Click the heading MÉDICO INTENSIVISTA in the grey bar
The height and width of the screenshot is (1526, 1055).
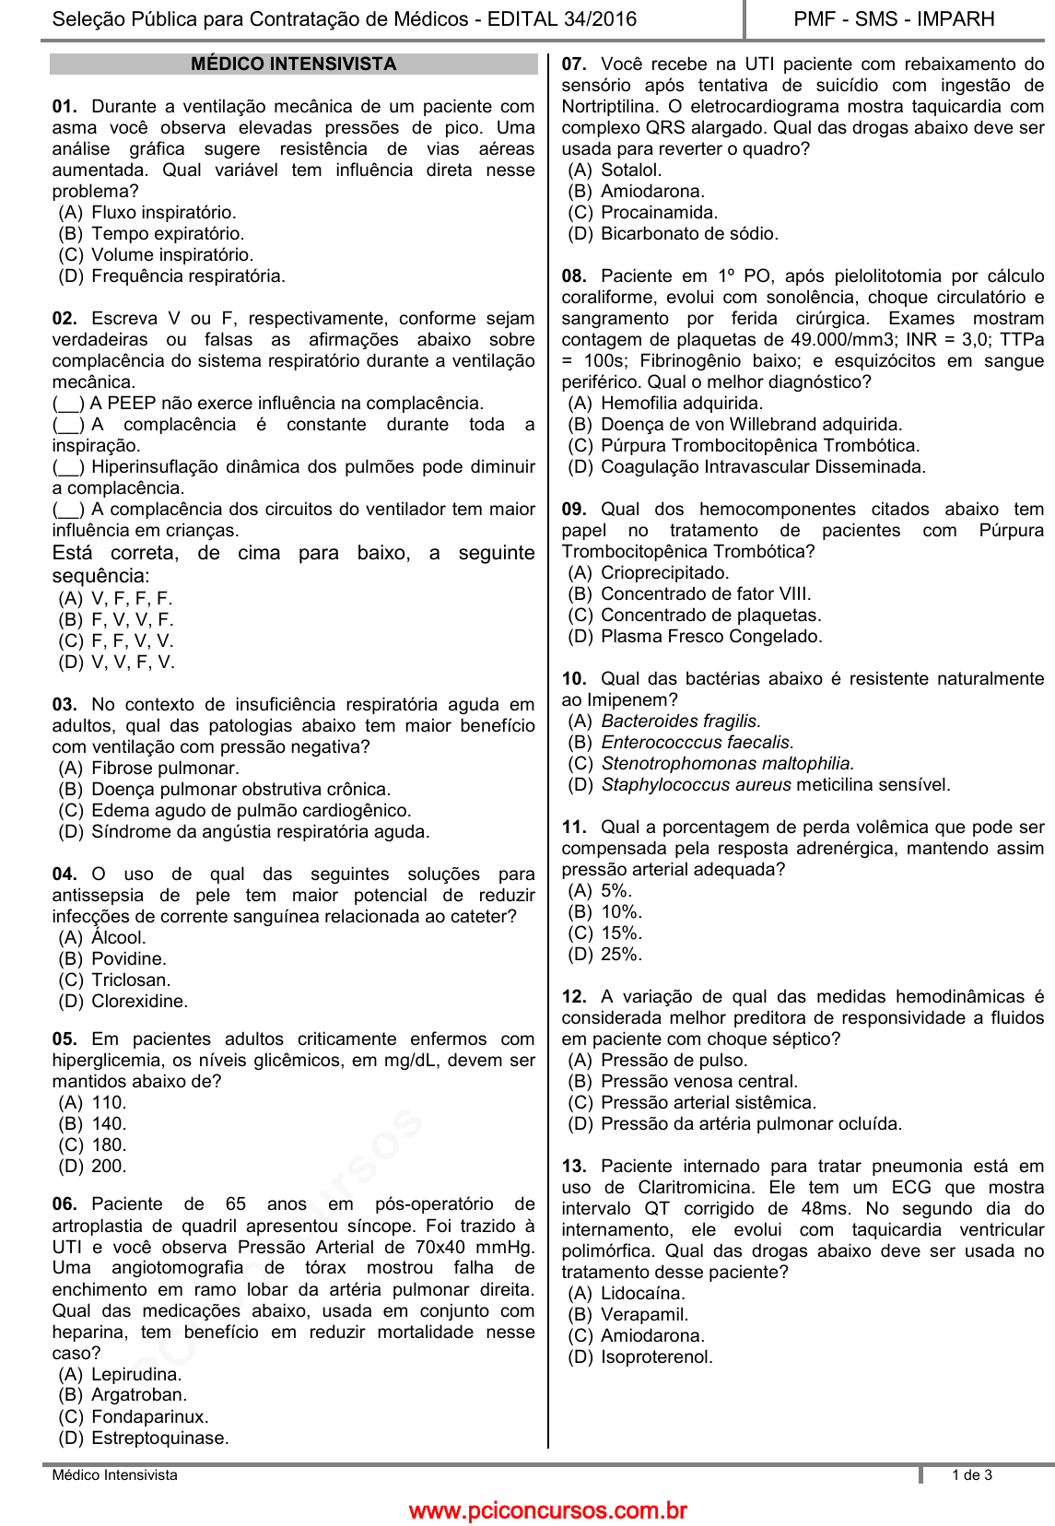click(x=293, y=65)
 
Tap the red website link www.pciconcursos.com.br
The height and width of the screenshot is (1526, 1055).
click(x=547, y=1510)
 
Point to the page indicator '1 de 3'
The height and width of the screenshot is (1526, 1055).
click(x=972, y=1475)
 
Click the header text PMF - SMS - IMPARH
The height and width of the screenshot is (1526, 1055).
click(x=894, y=19)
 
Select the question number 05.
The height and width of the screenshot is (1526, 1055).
click(x=64, y=1039)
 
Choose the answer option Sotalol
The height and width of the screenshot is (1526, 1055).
click(x=631, y=170)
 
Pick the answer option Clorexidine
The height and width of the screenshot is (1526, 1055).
click(x=139, y=1002)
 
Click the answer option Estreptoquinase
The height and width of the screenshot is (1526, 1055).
click(x=159, y=1438)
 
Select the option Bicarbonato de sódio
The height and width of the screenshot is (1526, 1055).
click(x=689, y=234)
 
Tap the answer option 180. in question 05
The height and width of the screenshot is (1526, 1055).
click(x=109, y=1145)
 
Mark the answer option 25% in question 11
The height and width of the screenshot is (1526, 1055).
click(x=621, y=955)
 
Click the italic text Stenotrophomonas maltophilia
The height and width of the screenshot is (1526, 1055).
click(x=727, y=764)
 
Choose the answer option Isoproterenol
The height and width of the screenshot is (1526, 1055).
click(x=656, y=1357)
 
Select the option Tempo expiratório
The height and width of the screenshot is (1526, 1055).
click(x=167, y=234)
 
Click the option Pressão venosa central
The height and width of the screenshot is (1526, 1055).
click(x=699, y=1082)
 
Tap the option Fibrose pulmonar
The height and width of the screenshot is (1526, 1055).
click(x=165, y=769)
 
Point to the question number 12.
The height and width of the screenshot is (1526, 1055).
click(x=574, y=997)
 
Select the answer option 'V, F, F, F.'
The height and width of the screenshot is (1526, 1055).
click(x=132, y=599)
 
